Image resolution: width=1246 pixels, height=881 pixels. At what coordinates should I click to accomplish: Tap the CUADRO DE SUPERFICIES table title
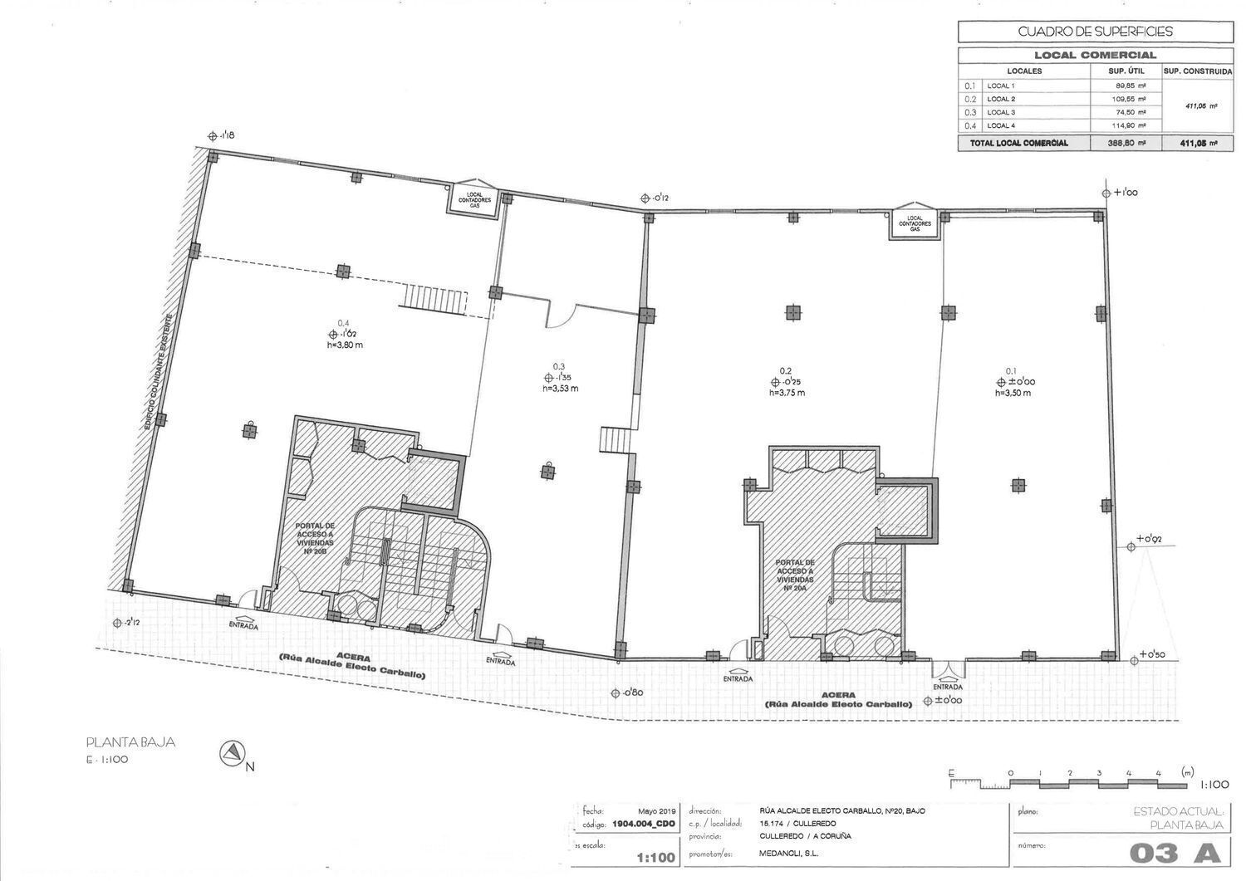1095,32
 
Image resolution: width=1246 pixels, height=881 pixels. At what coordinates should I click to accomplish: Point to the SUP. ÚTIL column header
1126,71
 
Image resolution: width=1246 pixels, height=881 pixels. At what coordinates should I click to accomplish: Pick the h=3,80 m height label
345,345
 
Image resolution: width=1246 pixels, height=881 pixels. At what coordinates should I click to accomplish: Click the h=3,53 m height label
561,388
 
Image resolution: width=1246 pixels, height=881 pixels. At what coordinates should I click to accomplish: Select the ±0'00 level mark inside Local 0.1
1016,382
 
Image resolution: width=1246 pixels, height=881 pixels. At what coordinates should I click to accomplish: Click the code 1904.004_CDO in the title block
644,824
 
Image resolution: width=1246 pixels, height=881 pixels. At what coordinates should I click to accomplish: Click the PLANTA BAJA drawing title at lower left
130,743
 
